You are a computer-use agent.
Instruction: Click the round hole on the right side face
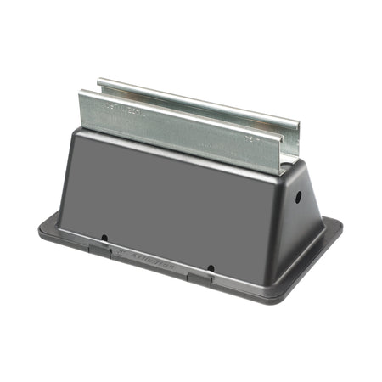298,196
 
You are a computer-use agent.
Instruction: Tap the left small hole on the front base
104,239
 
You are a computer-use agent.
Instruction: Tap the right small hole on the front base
211,268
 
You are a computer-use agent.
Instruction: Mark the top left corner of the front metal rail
81,91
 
